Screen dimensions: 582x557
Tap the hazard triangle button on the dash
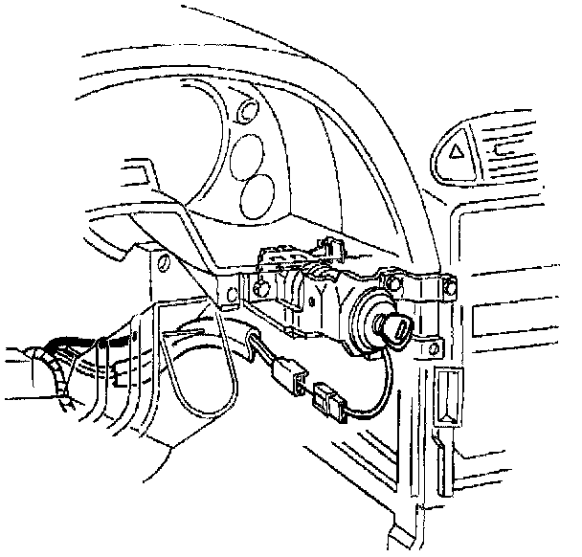457,148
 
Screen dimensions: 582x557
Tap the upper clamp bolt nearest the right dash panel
445,285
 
